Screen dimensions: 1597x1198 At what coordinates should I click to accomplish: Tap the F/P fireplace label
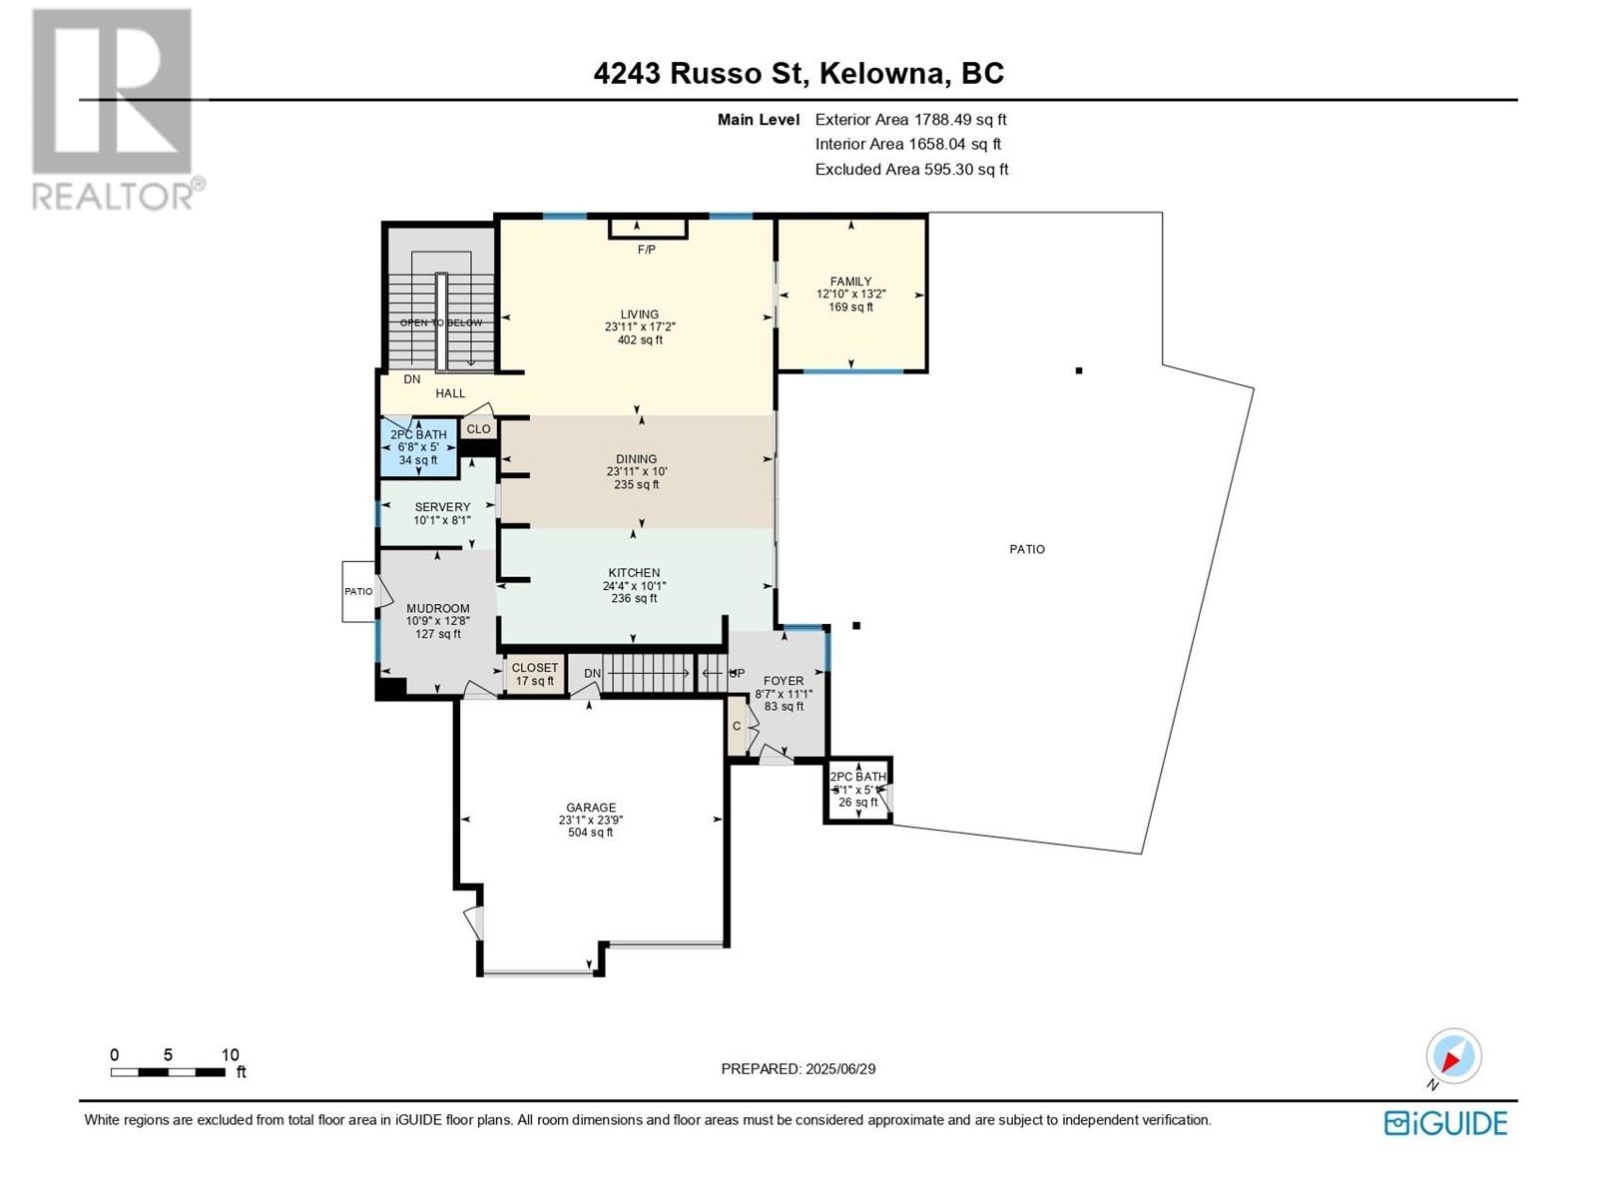pos(646,250)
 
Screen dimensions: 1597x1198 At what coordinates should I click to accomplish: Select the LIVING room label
pos(640,314)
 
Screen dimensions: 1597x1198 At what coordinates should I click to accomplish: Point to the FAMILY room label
pos(850,281)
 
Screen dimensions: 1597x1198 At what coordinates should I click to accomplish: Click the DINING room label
pos(636,459)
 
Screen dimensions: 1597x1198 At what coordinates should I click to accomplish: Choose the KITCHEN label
pos(634,572)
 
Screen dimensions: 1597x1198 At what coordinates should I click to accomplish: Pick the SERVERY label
pos(442,507)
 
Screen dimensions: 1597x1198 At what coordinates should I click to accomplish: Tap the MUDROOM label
pos(437,608)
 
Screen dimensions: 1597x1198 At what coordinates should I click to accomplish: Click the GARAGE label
pos(591,808)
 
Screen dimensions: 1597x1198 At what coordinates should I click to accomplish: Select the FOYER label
pos(784,681)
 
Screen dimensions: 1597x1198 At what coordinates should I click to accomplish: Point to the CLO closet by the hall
pos(478,429)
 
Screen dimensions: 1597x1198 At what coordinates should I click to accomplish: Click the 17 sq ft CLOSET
pos(535,674)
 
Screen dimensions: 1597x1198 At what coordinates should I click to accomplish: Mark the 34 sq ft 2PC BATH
pos(418,446)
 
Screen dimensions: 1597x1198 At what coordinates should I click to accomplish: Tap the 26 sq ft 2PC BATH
pos(857,790)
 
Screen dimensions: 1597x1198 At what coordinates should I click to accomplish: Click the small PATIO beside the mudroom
pos(358,591)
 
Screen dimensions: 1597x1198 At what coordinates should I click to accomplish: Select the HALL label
pos(450,393)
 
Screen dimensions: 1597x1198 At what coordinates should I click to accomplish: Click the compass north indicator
pos(1453,1055)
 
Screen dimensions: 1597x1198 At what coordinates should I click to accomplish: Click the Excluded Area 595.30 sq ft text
pos(911,170)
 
